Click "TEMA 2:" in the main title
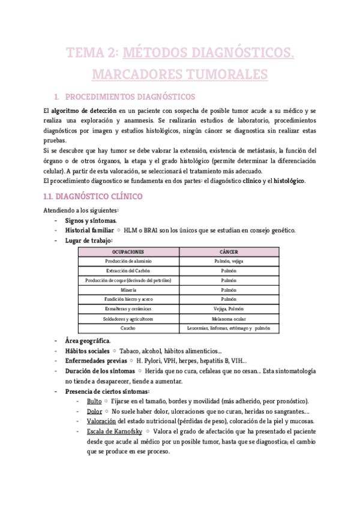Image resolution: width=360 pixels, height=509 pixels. (x=92, y=54)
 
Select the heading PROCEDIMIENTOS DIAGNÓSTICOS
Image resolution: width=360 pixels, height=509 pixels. (x=129, y=96)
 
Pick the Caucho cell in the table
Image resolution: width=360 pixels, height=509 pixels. (x=128, y=328)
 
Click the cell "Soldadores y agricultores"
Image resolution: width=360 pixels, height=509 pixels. (x=128, y=319)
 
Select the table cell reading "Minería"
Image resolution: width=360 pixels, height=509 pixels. (x=128, y=291)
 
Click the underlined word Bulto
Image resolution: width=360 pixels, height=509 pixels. (x=94, y=400)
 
